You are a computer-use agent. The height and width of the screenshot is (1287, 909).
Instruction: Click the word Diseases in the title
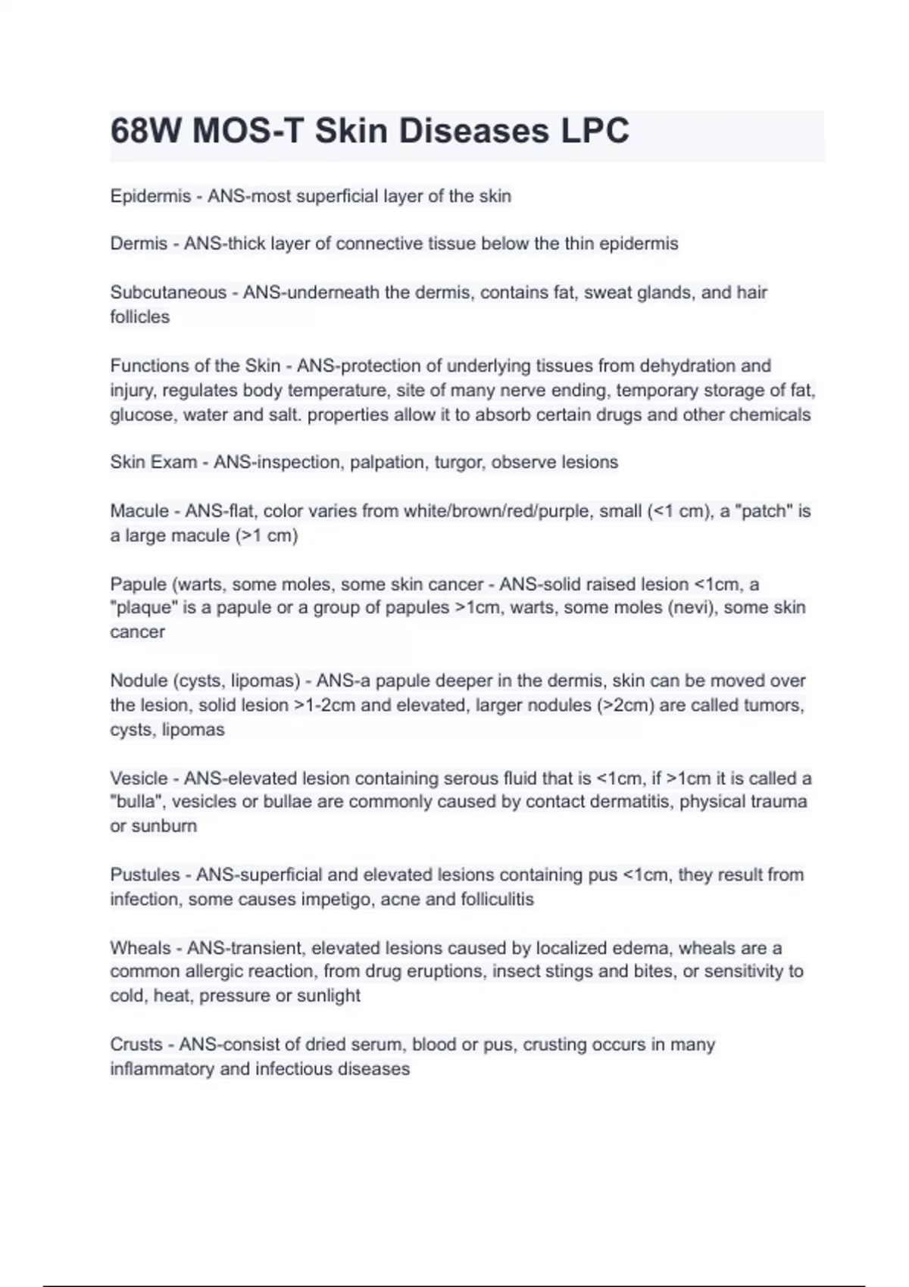pyautogui.click(x=474, y=131)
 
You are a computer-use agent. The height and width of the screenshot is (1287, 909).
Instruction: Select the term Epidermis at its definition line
pyautogui.click(x=150, y=196)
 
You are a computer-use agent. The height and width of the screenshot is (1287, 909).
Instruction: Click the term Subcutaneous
pyautogui.click(x=168, y=292)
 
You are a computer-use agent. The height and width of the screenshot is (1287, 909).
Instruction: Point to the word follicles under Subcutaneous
pyautogui.click(x=139, y=316)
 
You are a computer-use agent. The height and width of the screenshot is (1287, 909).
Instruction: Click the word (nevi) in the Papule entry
pyautogui.click(x=689, y=607)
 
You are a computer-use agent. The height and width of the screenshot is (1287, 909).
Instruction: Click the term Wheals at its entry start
pyautogui.click(x=140, y=948)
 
